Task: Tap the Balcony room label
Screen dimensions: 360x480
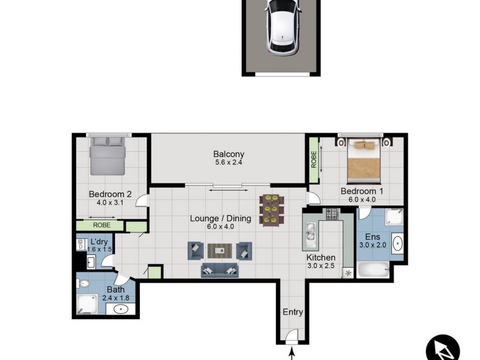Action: pos(229,154)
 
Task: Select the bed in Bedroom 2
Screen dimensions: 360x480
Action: pos(108,155)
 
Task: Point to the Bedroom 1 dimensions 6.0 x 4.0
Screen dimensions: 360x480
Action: pos(362,200)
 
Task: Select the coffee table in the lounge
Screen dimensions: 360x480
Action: pos(220,251)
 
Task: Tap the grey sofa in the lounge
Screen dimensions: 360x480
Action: pos(219,270)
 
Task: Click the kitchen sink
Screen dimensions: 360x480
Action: pos(311,233)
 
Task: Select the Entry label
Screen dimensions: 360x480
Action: pos(293,312)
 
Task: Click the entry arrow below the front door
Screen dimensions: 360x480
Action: pos(292,355)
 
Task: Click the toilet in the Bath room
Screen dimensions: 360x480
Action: pos(83,283)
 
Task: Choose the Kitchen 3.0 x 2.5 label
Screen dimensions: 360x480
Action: pos(321,262)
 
